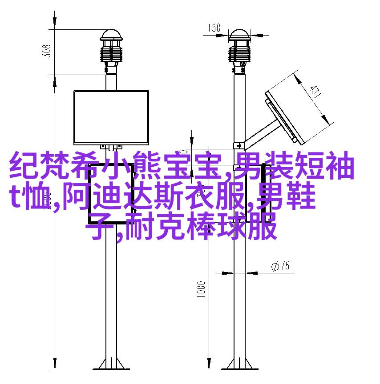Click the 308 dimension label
pos(47,51)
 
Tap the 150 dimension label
pos(214,28)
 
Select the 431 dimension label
pos(315,91)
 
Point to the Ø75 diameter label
pos(280,266)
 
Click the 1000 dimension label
pos(201,289)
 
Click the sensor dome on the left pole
pos(111,35)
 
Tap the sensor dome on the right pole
pos(239,35)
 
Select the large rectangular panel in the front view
pos(111,117)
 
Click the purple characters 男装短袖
pos(294,164)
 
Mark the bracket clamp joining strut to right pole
pos(239,146)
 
